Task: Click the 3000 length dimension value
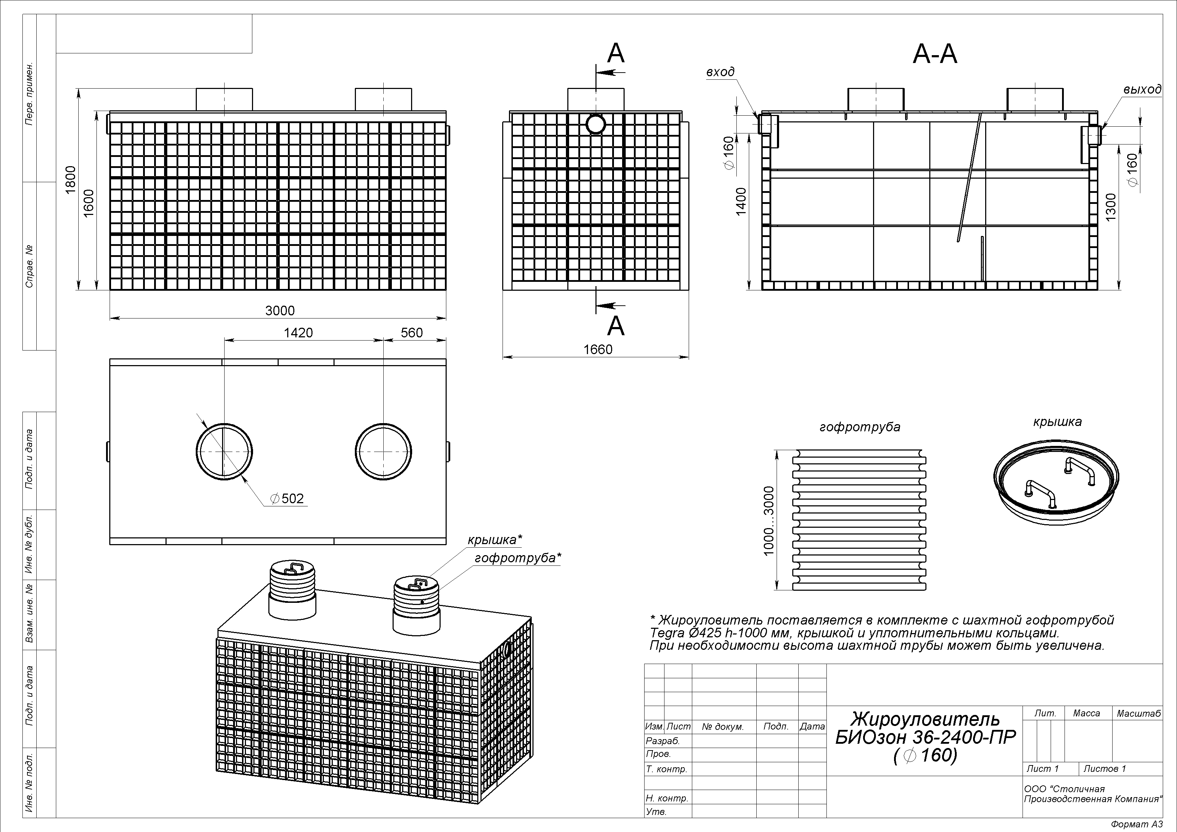[280, 311]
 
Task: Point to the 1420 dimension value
[298, 333]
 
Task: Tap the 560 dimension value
[412, 333]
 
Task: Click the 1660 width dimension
[598, 349]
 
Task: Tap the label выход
[1142, 90]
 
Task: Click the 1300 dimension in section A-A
[1111, 207]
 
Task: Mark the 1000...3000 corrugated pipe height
[768, 521]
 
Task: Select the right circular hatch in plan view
[383, 452]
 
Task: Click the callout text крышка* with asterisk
[495, 540]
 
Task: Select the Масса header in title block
[1086, 713]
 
